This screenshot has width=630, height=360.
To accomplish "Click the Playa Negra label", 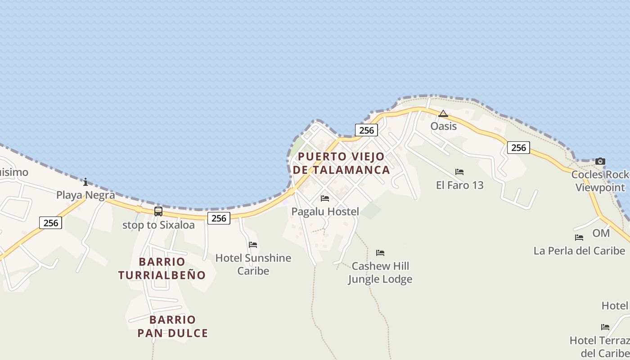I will coord(85,195).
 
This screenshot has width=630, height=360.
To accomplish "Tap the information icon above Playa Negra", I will coord(85,182).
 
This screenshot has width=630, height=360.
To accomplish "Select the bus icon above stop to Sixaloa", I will coord(158,211).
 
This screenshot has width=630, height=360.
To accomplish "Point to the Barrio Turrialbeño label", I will coord(162,268).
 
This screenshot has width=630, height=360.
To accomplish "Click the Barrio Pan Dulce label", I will coord(173,326).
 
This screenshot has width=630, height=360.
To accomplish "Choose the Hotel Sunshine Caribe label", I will coord(253,264).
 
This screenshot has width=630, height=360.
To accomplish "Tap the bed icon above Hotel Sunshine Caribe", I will coord(253,245).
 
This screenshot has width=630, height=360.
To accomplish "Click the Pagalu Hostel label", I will coord(325,211).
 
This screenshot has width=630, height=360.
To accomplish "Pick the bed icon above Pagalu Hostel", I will coord(325,198).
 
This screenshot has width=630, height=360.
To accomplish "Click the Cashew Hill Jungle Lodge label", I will coord(380,272).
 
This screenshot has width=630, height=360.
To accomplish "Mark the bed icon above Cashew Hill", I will coord(380,253).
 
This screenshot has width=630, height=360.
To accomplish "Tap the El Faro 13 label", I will coord(459,185).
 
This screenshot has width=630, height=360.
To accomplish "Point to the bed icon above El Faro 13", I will coord(459,172).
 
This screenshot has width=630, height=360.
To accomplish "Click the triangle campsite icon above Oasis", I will coord(443,113).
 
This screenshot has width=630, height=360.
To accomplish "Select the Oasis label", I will coord(444,126).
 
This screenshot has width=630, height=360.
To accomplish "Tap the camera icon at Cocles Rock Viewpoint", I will coord(600,162).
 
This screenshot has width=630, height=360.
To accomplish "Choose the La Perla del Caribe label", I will coord(579,251).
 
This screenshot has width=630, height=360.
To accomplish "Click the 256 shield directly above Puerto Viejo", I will coord(367,130).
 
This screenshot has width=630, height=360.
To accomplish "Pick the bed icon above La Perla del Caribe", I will coord(579,238).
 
